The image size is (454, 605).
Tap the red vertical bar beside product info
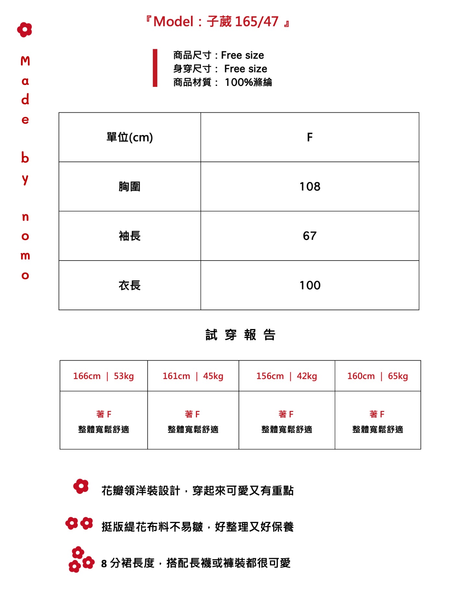[x=155, y=68]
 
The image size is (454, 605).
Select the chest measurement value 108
[x=310, y=187]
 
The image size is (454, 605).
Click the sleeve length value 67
[x=310, y=236]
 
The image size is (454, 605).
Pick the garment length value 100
[x=310, y=285]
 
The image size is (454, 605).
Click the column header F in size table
[x=310, y=137]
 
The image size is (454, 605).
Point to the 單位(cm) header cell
[x=130, y=137]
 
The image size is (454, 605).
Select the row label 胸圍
[x=130, y=187]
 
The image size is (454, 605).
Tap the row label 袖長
[x=130, y=236]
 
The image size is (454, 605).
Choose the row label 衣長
[x=130, y=285]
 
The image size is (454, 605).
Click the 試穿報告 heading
[x=240, y=335]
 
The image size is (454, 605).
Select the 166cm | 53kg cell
[x=103, y=376]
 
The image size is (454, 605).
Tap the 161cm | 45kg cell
[x=193, y=376]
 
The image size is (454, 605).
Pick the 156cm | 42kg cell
[x=287, y=376]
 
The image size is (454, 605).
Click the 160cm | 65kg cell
[x=377, y=376]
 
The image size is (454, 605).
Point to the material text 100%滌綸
[x=248, y=82]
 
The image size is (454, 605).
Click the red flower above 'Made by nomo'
[x=25, y=30]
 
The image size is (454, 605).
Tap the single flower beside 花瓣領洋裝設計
[x=81, y=486]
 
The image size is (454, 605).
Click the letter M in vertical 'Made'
[x=25, y=61]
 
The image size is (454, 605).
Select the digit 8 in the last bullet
[x=104, y=564]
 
